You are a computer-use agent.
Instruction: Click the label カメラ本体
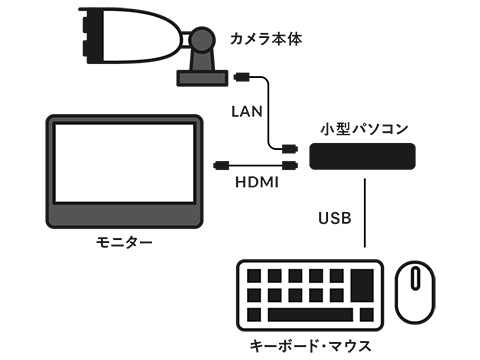tap(266, 39)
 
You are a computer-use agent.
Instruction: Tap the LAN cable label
tap(247, 111)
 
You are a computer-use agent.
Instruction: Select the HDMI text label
tap(257, 182)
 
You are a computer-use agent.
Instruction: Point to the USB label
tap(335, 218)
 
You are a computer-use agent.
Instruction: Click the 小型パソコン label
tap(364, 129)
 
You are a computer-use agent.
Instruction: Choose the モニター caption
tap(124, 242)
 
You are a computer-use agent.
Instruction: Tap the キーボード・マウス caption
tap(310, 346)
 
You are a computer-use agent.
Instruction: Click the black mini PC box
tap(362, 156)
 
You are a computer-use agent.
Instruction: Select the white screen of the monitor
tap(124, 163)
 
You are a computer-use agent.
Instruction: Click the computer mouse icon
tap(415, 292)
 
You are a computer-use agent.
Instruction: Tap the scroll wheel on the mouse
tap(415, 278)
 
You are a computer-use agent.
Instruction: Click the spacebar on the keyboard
tap(310, 315)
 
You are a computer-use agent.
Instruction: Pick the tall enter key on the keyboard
tap(362, 286)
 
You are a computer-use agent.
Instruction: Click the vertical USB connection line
tap(365, 213)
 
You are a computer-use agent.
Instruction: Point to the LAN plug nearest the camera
tap(242, 77)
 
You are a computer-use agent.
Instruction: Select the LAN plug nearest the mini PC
tap(289, 148)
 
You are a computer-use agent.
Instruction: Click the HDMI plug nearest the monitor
tap(221, 165)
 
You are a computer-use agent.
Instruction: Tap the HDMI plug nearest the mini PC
tap(289, 165)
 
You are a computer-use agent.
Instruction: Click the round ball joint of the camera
tap(202, 40)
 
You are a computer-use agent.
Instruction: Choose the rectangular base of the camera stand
tap(202, 78)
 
